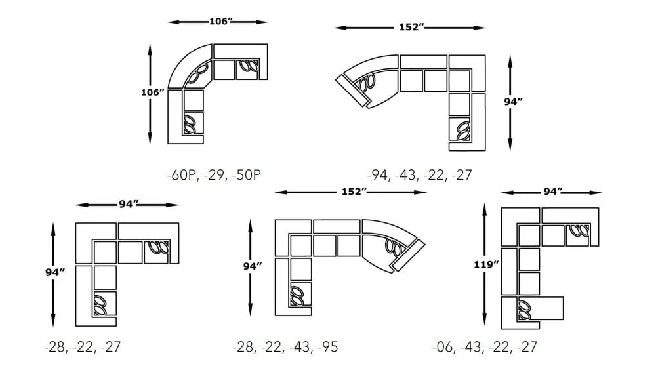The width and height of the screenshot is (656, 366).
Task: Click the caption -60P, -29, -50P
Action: click(x=215, y=175)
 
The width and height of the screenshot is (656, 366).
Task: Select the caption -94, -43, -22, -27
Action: click(x=419, y=175)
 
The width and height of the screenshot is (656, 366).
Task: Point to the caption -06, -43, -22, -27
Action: click(x=484, y=346)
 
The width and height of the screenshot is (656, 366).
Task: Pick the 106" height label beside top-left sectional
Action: click(x=152, y=92)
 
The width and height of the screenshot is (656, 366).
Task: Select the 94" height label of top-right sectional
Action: click(x=512, y=102)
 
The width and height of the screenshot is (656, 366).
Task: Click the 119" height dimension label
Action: click(x=486, y=264)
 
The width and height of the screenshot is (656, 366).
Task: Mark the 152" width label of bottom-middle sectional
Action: click(x=352, y=192)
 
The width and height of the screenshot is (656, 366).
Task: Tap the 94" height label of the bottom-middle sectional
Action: click(x=253, y=266)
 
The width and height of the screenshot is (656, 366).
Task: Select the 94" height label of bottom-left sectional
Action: click(x=54, y=272)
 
